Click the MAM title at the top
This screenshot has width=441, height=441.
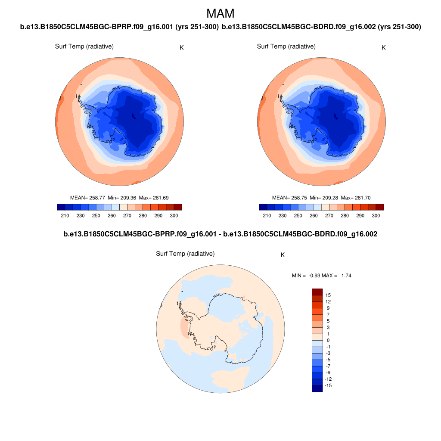click(220, 13)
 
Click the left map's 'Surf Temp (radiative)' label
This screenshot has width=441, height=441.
click(84, 47)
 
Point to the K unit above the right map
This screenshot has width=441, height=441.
click(384, 47)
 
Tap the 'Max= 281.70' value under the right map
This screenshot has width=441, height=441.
click(355, 198)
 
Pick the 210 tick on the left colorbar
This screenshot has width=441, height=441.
click(65, 215)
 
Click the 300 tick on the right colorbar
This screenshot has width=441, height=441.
click(376, 215)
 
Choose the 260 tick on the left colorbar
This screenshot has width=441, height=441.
click(112, 215)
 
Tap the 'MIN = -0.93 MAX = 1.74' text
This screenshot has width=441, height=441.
click(321, 275)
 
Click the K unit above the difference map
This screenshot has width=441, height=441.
click(283, 255)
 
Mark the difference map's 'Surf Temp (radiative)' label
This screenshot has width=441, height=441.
click(185, 254)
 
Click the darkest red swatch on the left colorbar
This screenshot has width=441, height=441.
click(177, 207)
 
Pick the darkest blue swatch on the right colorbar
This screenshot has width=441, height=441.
click(263, 207)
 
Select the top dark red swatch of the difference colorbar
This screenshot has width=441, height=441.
click(317, 292)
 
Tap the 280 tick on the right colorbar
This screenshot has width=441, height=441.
click(345, 215)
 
